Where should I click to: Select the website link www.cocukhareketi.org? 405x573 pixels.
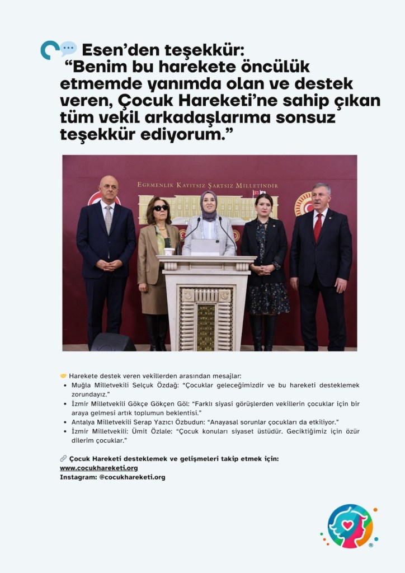click(x=98, y=468)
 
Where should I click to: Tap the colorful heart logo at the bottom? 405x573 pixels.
click(x=350, y=526)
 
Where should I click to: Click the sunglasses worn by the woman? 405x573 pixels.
click(x=161, y=208)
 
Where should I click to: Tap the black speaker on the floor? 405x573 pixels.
click(x=114, y=342)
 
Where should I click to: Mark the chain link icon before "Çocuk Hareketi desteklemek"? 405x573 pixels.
click(x=63, y=458)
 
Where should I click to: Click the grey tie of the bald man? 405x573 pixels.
click(x=108, y=219)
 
